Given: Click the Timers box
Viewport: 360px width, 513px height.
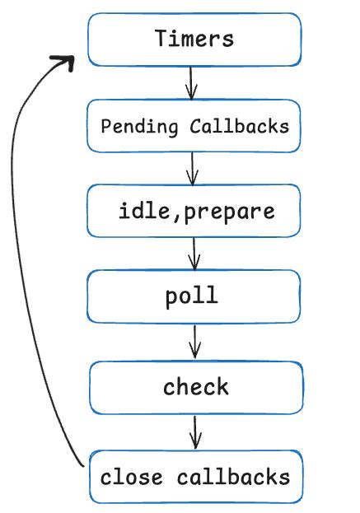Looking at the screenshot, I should [194, 39].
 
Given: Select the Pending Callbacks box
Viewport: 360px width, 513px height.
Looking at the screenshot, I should [194, 126].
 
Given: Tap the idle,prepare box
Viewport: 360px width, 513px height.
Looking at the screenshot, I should [194, 212].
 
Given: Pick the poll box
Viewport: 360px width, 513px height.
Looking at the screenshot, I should [194, 297].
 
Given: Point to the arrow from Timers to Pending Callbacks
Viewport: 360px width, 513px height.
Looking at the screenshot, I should [191, 82].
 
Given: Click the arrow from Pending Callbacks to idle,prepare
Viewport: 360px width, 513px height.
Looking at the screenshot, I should [193, 168].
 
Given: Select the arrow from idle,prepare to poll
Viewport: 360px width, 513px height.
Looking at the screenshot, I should [194, 254].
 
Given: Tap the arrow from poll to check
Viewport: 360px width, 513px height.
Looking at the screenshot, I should [195, 340].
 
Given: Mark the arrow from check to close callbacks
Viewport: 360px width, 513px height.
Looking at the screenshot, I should [195, 431].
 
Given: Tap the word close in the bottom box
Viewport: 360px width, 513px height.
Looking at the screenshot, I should [133, 477].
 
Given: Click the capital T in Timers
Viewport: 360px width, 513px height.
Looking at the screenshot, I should [162, 38].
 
